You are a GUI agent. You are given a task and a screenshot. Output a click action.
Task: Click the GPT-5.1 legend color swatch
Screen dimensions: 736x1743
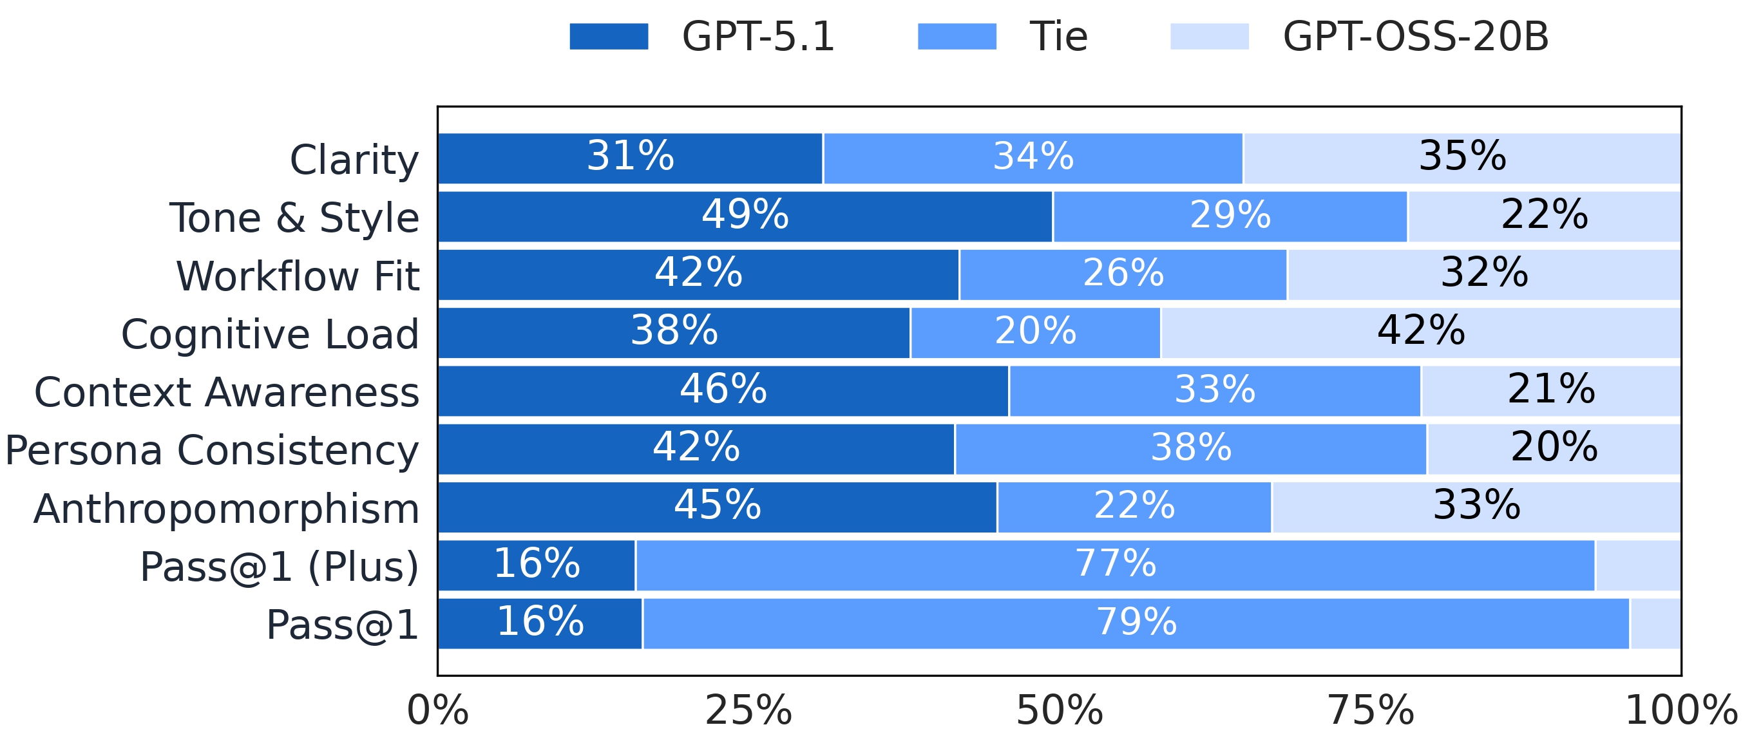pyautogui.click(x=608, y=37)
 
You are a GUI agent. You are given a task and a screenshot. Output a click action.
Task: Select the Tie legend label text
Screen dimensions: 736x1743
pyautogui.click(x=1058, y=37)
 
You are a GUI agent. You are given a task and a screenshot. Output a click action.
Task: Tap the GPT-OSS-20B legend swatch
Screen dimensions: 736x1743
pyautogui.click(x=1209, y=37)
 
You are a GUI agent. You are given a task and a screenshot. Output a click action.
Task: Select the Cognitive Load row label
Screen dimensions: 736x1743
pyautogui.click(x=270, y=334)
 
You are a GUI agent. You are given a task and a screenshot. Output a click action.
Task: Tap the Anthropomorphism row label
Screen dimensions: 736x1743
pyautogui.click(x=226, y=508)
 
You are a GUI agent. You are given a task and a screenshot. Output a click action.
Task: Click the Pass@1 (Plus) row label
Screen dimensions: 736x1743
pyautogui.click(x=279, y=566)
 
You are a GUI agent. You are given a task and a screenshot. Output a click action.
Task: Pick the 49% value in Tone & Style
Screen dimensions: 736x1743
pyautogui.click(x=745, y=216)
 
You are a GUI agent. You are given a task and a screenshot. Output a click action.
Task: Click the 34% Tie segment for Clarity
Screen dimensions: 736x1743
pyautogui.click(x=1033, y=158)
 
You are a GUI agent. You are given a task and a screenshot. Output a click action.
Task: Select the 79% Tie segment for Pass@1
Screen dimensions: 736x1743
pyautogui.click(x=1136, y=623)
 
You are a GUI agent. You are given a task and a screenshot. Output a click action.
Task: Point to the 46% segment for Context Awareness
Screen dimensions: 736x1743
pyautogui.click(x=723, y=390)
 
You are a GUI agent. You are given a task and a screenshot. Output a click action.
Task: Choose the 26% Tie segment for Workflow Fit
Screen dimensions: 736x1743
pyautogui.click(x=1123, y=274)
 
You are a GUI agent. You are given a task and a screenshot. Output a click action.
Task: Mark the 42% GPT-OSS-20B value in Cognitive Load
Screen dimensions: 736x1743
pyautogui.click(x=1421, y=332)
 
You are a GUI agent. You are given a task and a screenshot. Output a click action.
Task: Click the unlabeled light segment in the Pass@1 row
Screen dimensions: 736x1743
pyautogui.click(x=1655, y=623)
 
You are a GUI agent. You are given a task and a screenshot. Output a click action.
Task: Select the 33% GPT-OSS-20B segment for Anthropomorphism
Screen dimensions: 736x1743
pyautogui.click(x=1476, y=507)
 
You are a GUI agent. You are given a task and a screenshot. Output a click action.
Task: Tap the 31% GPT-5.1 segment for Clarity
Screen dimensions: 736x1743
pyautogui.click(x=630, y=158)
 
